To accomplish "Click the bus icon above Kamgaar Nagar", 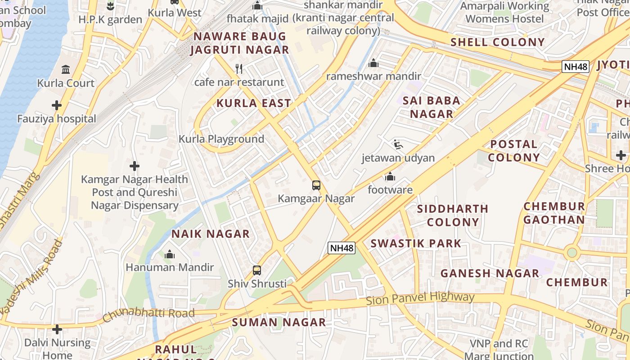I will point(316,185).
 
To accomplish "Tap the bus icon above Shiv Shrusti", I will point(257,270).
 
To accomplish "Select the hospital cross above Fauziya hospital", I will point(57,105).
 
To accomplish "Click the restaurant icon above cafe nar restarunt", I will point(239,69).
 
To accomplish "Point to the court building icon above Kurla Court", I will point(66,69).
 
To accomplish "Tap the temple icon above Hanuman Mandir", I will point(170,254).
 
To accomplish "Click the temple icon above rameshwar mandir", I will point(373,63).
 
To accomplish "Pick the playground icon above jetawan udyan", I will point(398,144).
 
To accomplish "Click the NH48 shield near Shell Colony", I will point(576,67).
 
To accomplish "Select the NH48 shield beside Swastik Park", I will point(342,247).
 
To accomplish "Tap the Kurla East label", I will point(254,103).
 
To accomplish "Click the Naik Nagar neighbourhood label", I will point(210,234).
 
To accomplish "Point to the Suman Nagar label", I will point(279,322).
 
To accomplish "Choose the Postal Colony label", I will point(513,151).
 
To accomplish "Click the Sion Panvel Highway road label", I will point(420,298).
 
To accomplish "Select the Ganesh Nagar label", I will point(490,273).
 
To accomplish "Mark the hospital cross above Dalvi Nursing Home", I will point(57,329).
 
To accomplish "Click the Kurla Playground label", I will point(221,139).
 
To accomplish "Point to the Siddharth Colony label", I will point(452,215).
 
